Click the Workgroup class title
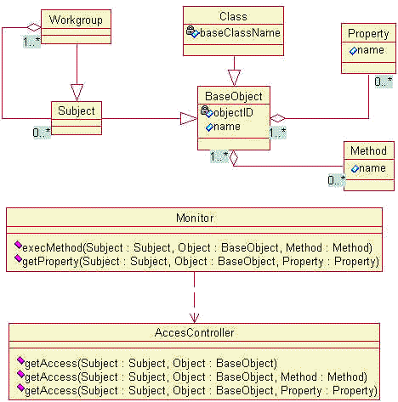[x=76, y=20]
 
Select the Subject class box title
[x=77, y=110]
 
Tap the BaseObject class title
[x=234, y=96]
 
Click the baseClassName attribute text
[x=240, y=33]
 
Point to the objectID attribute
[x=233, y=112]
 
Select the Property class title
[x=368, y=34]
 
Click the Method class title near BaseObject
[x=368, y=150]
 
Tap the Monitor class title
[x=195, y=218]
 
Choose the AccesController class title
[x=195, y=332]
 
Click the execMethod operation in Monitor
[x=197, y=247]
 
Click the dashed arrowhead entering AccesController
[x=194, y=318]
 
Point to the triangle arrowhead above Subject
[x=77, y=93]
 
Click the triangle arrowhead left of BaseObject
[x=189, y=118]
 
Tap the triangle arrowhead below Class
[x=234, y=77]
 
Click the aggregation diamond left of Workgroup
[x=34, y=27]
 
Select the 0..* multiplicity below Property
[x=384, y=82]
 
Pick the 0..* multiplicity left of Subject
[x=42, y=133]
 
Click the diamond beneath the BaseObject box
[x=234, y=158]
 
